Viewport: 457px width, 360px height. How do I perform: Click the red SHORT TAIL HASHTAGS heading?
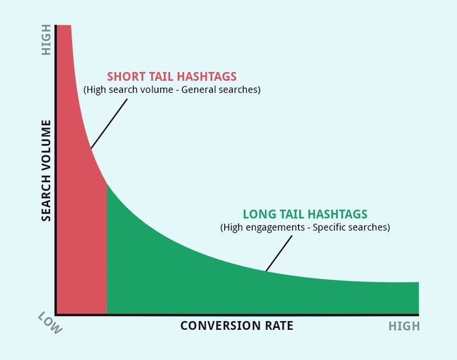pos(172,76)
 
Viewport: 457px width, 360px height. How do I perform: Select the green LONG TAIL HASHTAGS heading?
pos(305,214)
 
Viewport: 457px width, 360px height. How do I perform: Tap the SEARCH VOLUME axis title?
pos(46,171)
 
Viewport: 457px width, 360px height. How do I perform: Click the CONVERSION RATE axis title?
pos(237,326)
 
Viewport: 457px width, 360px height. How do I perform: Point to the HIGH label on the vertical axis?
pos(46,40)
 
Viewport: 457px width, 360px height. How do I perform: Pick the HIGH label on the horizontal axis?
pos(404,326)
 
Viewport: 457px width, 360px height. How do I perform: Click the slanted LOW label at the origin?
pos(50,323)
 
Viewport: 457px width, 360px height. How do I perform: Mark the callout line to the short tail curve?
pos(109,124)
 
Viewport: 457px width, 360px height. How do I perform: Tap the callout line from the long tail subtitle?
pos(279,254)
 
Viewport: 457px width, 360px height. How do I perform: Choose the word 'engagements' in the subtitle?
pos(276,228)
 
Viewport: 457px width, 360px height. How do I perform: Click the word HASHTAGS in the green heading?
pos(337,214)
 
